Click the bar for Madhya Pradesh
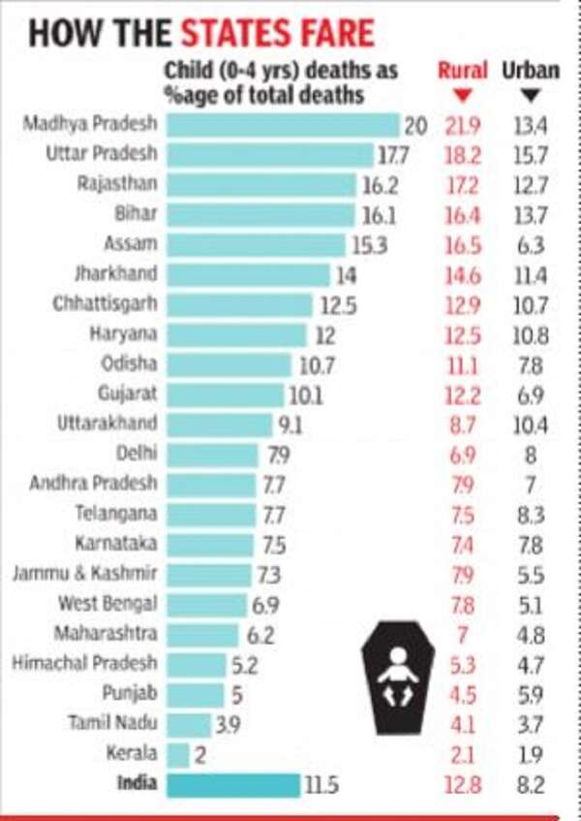coord(283,125)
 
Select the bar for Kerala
coord(178,755)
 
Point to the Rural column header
coord(462,71)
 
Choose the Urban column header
coord(531,71)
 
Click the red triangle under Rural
coord(462,95)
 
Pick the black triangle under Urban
coord(531,95)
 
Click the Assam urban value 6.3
coord(532,245)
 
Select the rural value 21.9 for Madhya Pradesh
coord(463,125)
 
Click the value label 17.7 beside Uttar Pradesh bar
coord(396,155)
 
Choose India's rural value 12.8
coord(463,785)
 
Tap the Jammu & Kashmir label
coord(85,574)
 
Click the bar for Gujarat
coord(226,395)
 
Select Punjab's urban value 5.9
coord(532,694)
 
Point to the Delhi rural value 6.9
coord(463,454)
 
